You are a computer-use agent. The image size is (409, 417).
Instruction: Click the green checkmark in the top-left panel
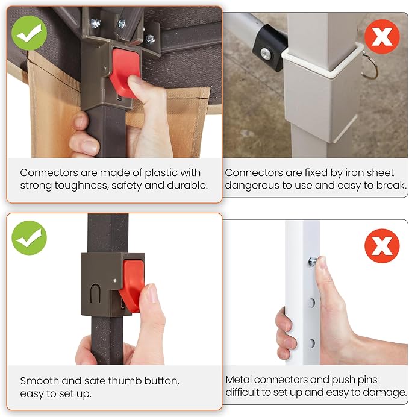pyautogui.click(x=29, y=33)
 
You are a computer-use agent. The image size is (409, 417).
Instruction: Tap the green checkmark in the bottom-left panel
pyautogui.click(x=29, y=238)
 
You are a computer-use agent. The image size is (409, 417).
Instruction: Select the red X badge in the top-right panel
pyautogui.click(x=382, y=36)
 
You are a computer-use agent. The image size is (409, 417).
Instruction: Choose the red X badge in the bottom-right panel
pyautogui.click(x=382, y=245)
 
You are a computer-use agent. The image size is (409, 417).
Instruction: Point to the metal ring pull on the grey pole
pyautogui.click(x=370, y=67)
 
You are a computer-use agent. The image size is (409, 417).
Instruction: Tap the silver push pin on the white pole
pyautogui.click(x=312, y=261)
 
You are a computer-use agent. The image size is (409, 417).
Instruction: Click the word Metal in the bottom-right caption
pyautogui.click(x=239, y=380)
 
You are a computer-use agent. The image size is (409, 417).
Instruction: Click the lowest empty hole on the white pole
pyautogui.click(x=312, y=343)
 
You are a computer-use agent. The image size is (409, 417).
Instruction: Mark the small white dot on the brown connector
pyautogui.click(x=114, y=280)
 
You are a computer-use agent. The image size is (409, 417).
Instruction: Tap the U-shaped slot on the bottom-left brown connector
pyautogui.click(x=95, y=293)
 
